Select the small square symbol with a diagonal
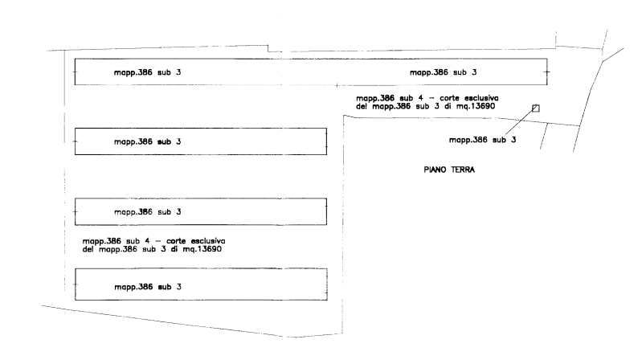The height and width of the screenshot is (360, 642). (536, 108)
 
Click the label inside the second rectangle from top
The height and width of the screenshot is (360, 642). (147, 141)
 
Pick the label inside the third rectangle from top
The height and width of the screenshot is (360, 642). (147, 212)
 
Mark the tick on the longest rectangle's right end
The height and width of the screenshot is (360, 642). (546, 72)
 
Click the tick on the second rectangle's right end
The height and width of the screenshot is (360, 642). (325, 141)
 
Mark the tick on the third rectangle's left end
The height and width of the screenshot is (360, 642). (75, 212)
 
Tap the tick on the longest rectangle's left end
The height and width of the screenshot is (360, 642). (75, 72)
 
